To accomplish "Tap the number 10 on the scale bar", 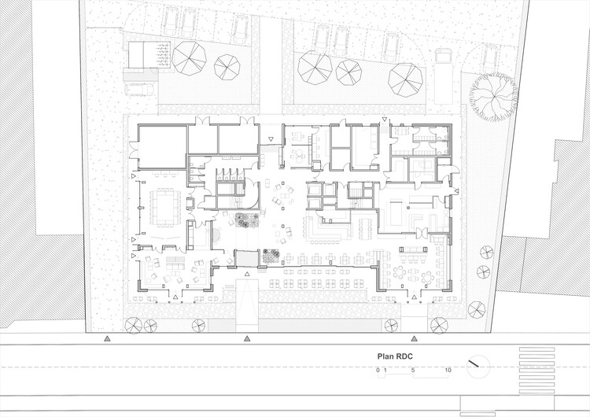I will click(x=448, y=369).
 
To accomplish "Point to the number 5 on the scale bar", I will click(x=413, y=369).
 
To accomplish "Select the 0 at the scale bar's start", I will click(x=378, y=369).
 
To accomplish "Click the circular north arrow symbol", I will click(x=477, y=365).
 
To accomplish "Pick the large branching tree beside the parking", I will click(x=493, y=94).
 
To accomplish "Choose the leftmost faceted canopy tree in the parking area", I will click(x=189, y=57).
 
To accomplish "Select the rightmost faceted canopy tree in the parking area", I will click(x=406, y=79).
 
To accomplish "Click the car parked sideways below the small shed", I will click(x=138, y=89).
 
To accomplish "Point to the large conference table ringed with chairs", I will click(x=164, y=204).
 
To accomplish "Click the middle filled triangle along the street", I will click(x=247, y=338).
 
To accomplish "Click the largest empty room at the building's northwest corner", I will click(x=161, y=146).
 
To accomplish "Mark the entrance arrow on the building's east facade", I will click(x=457, y=192).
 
